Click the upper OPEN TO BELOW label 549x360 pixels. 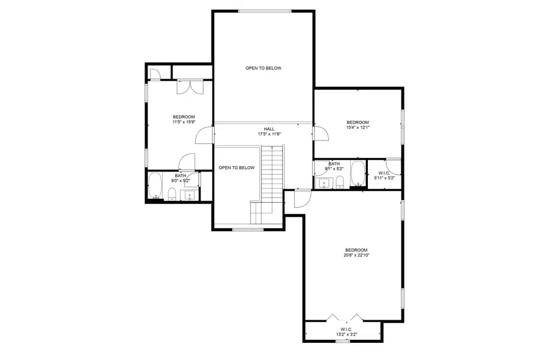(264, 68)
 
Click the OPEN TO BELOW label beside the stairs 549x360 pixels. (236, 168)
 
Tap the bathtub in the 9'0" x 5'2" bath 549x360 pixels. (156, 186)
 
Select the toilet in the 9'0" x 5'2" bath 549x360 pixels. (172, 195)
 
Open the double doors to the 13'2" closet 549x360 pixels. (344, 317)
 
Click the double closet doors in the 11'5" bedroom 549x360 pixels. (187, 87)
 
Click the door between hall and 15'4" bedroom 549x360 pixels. (318, 133)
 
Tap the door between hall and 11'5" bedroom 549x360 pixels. (205, 135)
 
